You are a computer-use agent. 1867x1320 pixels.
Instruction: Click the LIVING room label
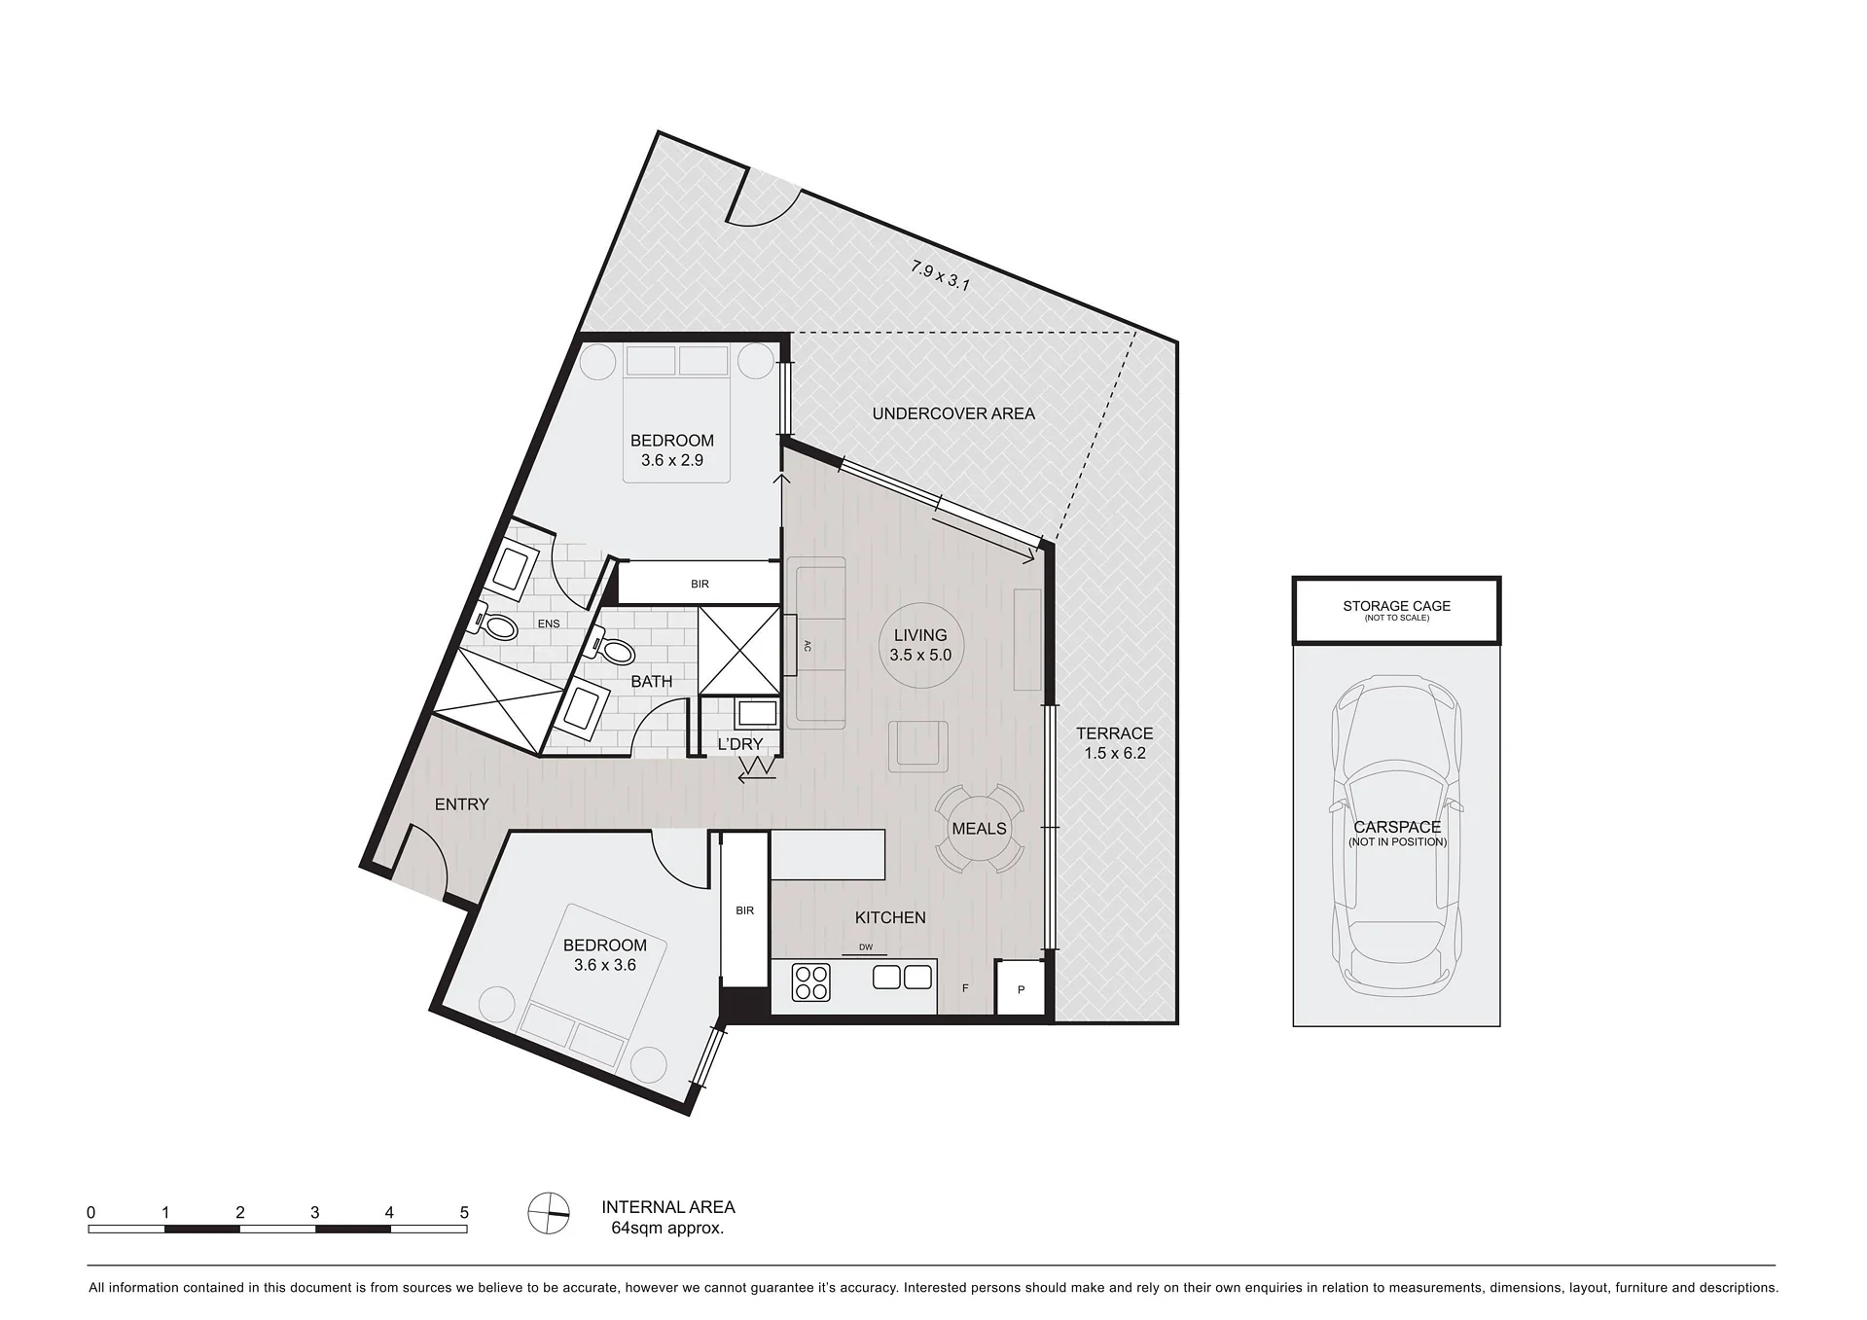click(x=920, y=635)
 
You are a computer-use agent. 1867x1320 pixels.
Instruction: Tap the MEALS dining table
click(x=980, y=829)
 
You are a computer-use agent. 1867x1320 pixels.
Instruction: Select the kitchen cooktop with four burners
click(x=811, y=981)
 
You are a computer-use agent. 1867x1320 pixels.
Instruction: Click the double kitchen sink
click(x=903, y=977)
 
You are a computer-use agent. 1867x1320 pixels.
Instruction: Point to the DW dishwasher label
click(x=866, y=947)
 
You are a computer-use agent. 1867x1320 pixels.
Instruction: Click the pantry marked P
click(x=1021, y=988)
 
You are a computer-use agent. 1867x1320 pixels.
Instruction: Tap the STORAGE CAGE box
click(x=1396, y=610)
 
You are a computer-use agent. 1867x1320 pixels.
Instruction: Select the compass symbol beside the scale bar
click(x=549, y=1213)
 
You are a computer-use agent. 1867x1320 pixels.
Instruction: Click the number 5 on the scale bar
click(x=464, y=1212)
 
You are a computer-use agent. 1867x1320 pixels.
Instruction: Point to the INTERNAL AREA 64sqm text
click(x=667, y=1217)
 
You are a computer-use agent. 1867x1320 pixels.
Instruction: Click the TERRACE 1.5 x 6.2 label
click(x=1115, y=743)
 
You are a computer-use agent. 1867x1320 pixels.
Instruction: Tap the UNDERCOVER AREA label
click(x=953, y=413)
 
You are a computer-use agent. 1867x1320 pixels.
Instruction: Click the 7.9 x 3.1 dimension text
click(x=940, y=276)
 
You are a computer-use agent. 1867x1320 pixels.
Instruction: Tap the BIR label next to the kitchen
click(x=744, y=910)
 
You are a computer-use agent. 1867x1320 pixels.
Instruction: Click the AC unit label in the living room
click(x=808, y=645)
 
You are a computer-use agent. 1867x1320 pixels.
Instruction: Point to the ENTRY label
click(x=461, y=804)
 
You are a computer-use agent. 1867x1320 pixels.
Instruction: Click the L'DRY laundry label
click(x=740, y=744)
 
